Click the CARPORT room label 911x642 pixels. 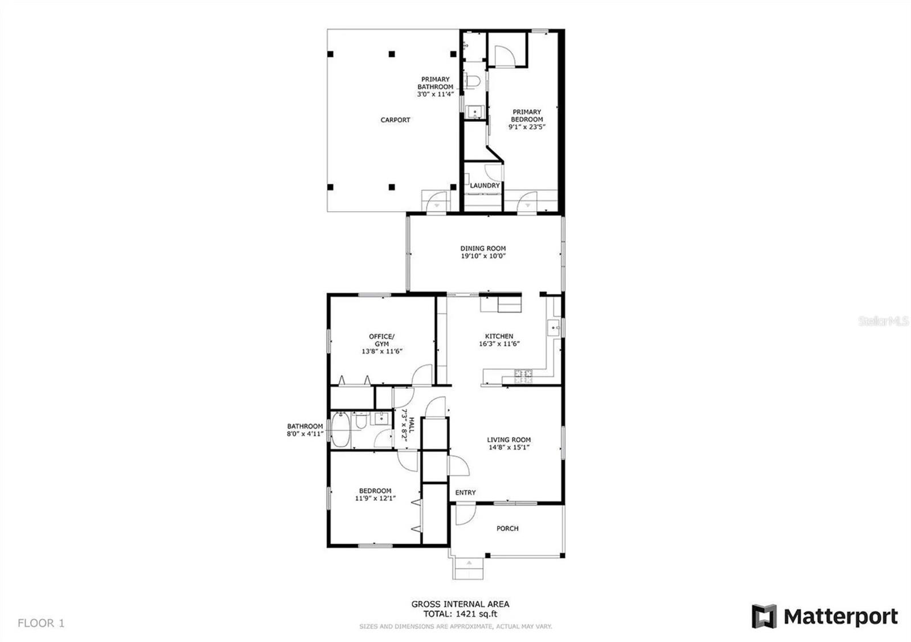(x=395, y=120)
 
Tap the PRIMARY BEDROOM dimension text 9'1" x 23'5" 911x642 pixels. (x=527, y=127)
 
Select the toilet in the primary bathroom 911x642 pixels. (x=473, y=81)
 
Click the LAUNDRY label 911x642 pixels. (x=485, y=186)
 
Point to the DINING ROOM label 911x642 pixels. (x=483, y=248)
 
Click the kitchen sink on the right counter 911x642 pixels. (x=553, y=327)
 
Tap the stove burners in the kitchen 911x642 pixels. (x=523, y=376)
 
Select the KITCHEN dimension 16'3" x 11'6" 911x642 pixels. (x=499, y=344)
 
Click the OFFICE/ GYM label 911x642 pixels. (x=381, y=340)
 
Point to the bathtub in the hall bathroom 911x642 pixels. (x=340, y=429)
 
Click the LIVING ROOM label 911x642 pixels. (x=509, y=439)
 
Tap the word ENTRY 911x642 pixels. (x=465, y=492)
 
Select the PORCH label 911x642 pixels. (x=507, y=529)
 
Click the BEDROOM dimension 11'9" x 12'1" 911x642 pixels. (x=375, y=499)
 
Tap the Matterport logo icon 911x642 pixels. (x=764, y=616)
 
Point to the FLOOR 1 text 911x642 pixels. (x=41, y=623)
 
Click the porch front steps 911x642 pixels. (x=469, y=569)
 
